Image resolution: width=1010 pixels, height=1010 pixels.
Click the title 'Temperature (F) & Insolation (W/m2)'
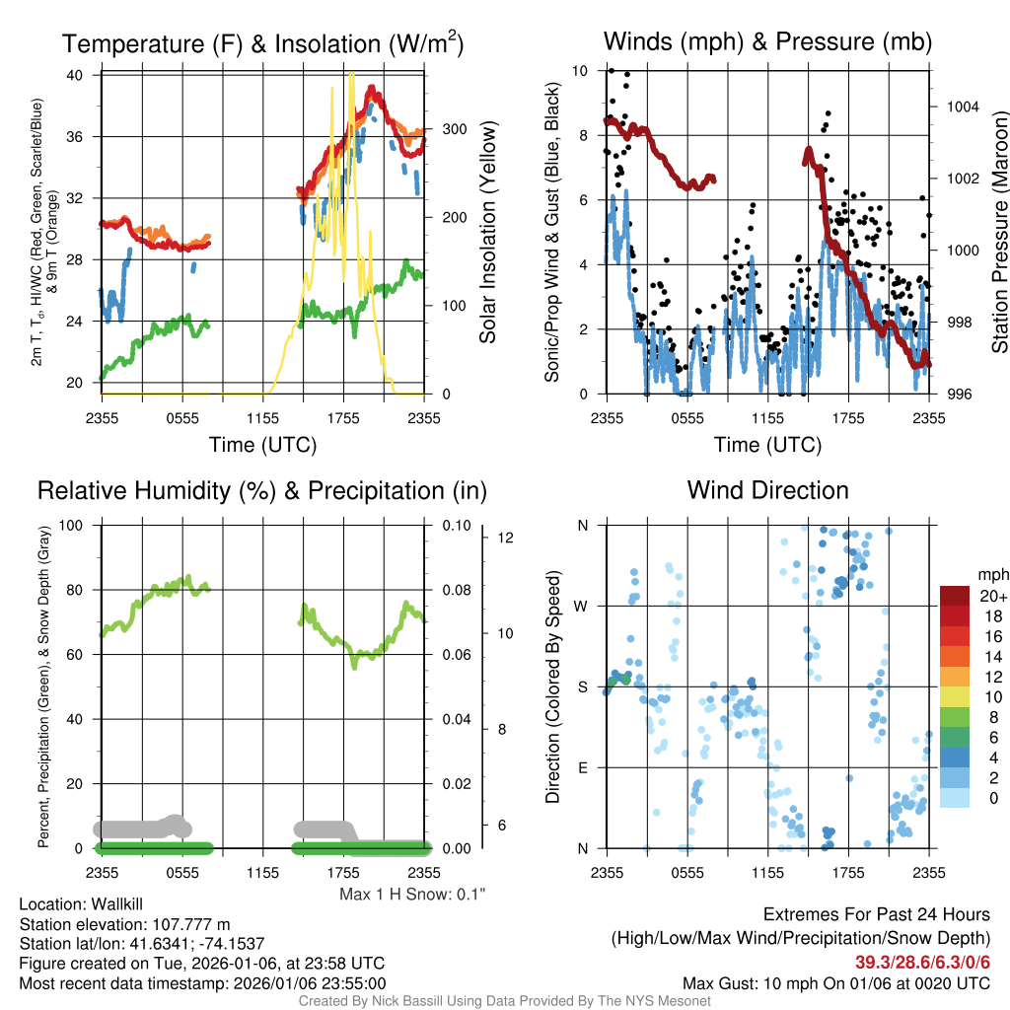click(x=262, y=43)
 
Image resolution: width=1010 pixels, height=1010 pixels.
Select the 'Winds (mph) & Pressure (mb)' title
click(x=767, y=41)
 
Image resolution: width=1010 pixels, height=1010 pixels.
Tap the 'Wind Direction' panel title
click(x=767, y=490)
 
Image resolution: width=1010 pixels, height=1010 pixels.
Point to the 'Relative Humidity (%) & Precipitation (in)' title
click(x=262, y=490)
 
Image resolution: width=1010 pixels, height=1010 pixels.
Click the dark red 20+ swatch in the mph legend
click(x=956, y=596)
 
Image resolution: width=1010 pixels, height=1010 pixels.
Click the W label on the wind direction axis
click(x=583, y=606)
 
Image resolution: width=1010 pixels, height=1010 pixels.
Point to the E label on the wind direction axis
click(x=583, y=767)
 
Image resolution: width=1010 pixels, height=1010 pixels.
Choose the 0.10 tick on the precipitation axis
click(x=455, y=525)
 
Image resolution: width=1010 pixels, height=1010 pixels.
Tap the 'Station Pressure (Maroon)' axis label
click(x=998, y=233)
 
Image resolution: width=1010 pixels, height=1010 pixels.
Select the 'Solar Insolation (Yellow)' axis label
click(x=487, y=233)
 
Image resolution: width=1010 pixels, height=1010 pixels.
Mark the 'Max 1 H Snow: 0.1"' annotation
click(x=412, y=894)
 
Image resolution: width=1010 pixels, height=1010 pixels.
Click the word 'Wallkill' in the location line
click(x=118, y=904)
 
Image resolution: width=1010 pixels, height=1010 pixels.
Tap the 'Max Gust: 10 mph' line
click(x=836, y=983)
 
